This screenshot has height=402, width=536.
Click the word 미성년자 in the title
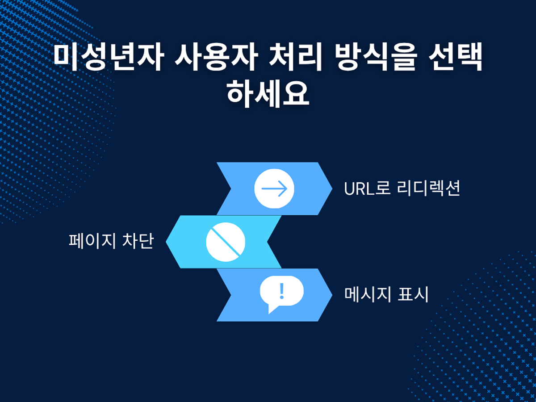tap(108, 57)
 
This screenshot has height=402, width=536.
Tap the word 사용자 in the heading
tap(216, 57)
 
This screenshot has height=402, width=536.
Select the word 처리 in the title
tap(295, 57)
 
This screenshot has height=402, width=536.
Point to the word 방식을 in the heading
tap(375, 57)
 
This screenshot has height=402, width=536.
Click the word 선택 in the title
tap(456, 57)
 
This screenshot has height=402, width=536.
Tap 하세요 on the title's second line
tap(268, 93)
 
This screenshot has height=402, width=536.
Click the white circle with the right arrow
tap(274, 188)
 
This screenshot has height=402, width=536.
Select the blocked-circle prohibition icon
tap(226, 242)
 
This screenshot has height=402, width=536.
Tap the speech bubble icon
tap(281, 294)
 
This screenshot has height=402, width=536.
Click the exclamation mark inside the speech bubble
tap(282, 291)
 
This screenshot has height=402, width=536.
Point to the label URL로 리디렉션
tap(402, 188)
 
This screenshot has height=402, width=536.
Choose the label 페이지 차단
tap(111, 241)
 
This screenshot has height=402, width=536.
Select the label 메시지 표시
tap(386, 294)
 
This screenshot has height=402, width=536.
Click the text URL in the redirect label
tap(359, 189)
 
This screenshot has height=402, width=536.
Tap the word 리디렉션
tap(428, 188)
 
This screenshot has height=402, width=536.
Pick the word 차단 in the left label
tap(138, 241)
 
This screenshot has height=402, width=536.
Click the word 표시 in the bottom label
tap(413, 294)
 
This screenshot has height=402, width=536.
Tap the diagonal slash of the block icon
tap(226, 242)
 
